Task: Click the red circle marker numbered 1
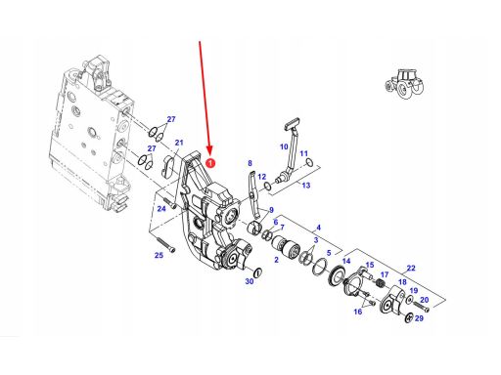tap(210, 162)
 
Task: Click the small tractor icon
tap(404, 84)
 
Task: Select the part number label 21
tap(179, 143)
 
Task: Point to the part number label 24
tap(161, 208)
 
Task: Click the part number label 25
tap(159, 255)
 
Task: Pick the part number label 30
tap(250, 281)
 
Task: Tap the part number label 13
tap(306, 186)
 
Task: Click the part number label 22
tap(411, 268)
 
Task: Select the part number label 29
tap(419, 318)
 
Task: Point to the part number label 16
tap(358, 312)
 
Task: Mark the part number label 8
tap(250, 163)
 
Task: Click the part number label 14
tap(346, 261)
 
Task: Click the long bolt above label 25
tap(165, 244)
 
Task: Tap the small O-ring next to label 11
tap(309, 162)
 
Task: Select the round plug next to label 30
tap(257, 272)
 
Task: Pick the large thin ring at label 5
tap(320, 267)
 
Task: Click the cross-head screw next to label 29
tap(409, 317)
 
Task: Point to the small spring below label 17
tap(380, 283)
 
